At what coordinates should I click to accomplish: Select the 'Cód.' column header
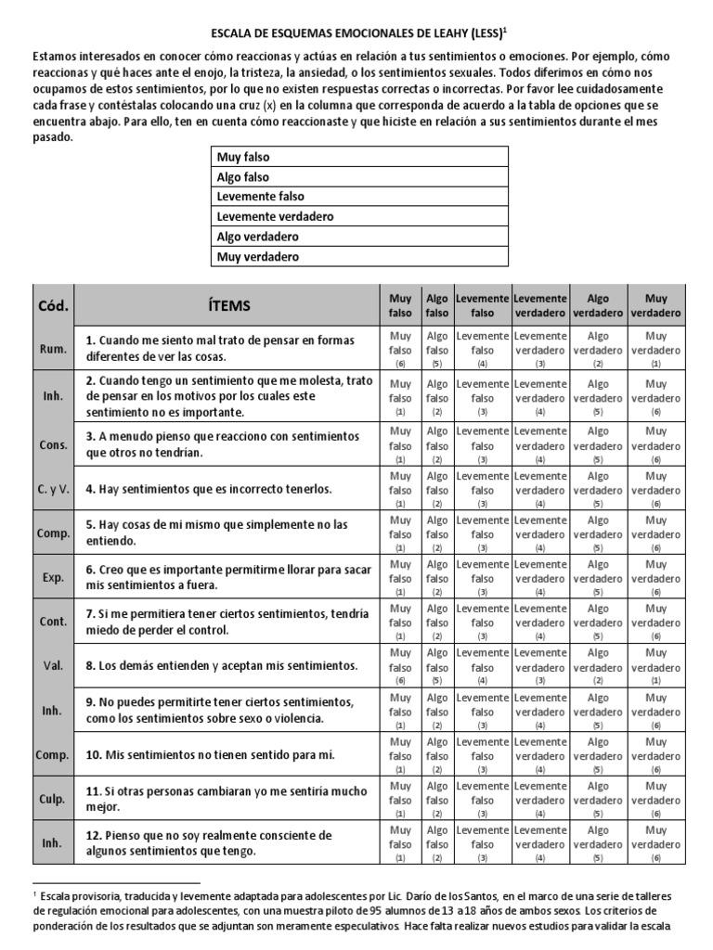tap(52, 305)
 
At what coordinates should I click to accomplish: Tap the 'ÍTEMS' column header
tap(227, 305)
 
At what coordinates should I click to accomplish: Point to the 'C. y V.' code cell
tap(52, 489)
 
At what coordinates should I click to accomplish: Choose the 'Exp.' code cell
tap(52, 577)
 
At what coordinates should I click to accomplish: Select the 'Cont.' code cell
tap(52, 622)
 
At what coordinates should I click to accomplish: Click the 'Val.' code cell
tap(52, 666)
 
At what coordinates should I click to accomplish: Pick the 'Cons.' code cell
tap(52, 444)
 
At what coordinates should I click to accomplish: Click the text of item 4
tap(208, 489)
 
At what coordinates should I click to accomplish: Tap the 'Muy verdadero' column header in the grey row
tap(655, 305)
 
